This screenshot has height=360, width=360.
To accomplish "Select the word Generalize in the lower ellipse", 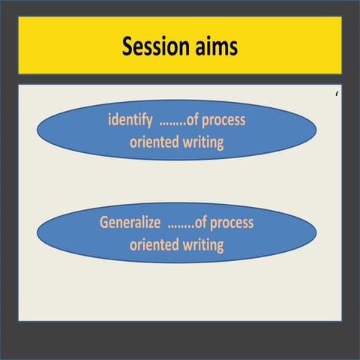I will [131, 223].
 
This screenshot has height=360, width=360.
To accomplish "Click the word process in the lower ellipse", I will [232, 223].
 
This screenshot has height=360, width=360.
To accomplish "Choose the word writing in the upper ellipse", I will [202, 142].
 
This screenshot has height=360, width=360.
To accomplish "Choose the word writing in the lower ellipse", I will [202, 244].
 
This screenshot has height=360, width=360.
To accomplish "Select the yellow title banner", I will [180, 46].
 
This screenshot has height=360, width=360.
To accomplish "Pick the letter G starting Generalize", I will [104, 223].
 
